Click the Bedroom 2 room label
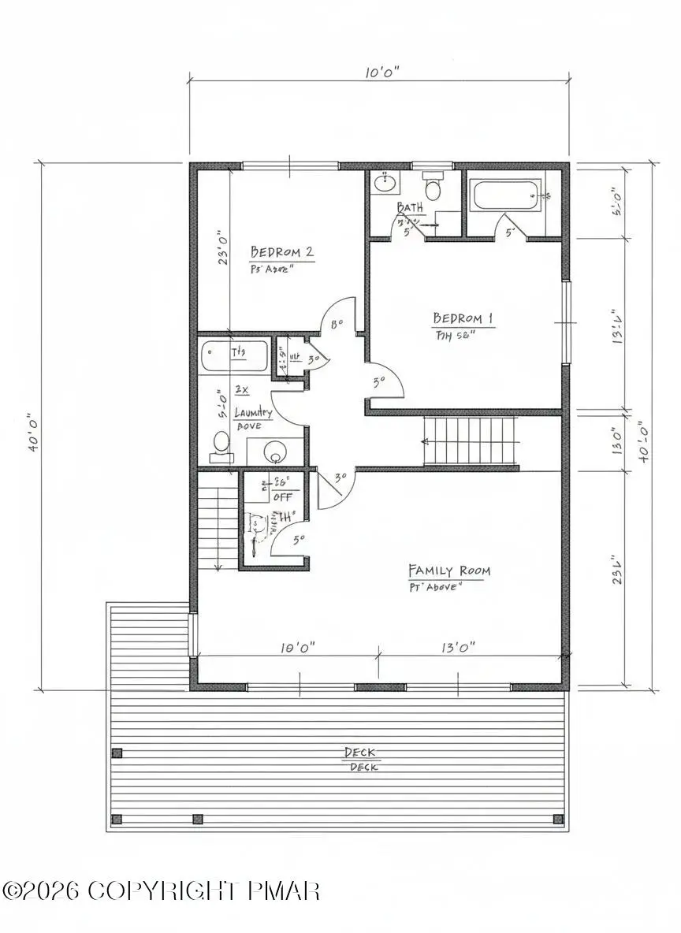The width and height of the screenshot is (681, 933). pyautogui.click(x=282, y=252)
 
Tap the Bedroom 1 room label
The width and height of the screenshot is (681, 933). pyautogui.click(x=463, y=318)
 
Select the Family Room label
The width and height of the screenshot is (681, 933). pyautogui.click(x=448, y=571)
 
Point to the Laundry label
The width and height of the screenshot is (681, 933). pyautogui.click(x=254, y=412)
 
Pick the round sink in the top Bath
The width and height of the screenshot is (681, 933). pyautogui.click(x=385, y=184)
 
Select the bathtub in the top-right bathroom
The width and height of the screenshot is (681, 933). pyautogui.click(x=506, y=195)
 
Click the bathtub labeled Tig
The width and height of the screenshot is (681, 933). pyautogui.click(x=235, y=355)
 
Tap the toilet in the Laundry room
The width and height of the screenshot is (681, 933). pyautogui.click(x=221, y=444)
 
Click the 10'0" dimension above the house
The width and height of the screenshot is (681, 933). pyautogui.click(x=382, y=72)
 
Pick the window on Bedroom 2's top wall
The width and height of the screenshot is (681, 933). pyautogui.click(x=290, y=165)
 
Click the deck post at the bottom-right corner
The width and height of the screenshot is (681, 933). pyautogui.click(x=558, y=820)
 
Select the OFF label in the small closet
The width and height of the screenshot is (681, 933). pyautogui.click(x=282, y=497)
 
